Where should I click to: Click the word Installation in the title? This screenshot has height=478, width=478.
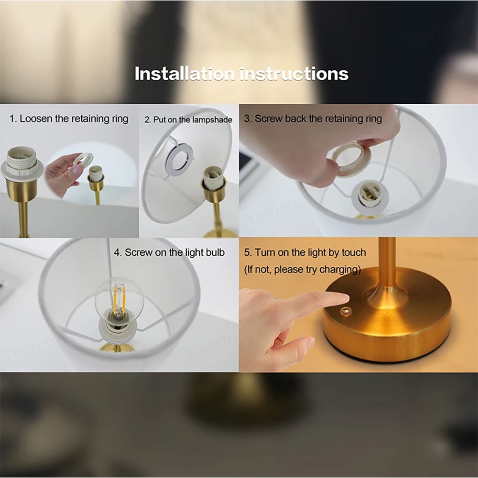click(185, 74)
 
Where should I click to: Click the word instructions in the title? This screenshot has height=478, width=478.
click(294, 74)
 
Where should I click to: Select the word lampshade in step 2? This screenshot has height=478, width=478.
click(212, 120)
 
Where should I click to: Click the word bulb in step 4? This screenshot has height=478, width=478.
click(215, 252)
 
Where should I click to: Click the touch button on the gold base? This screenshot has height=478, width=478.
click(346, 312)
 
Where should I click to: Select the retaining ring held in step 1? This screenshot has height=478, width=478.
click(83, 159)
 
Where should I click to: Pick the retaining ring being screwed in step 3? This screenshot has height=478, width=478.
click(350, 159)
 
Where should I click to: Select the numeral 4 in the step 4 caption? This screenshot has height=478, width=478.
click(117, 252)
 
